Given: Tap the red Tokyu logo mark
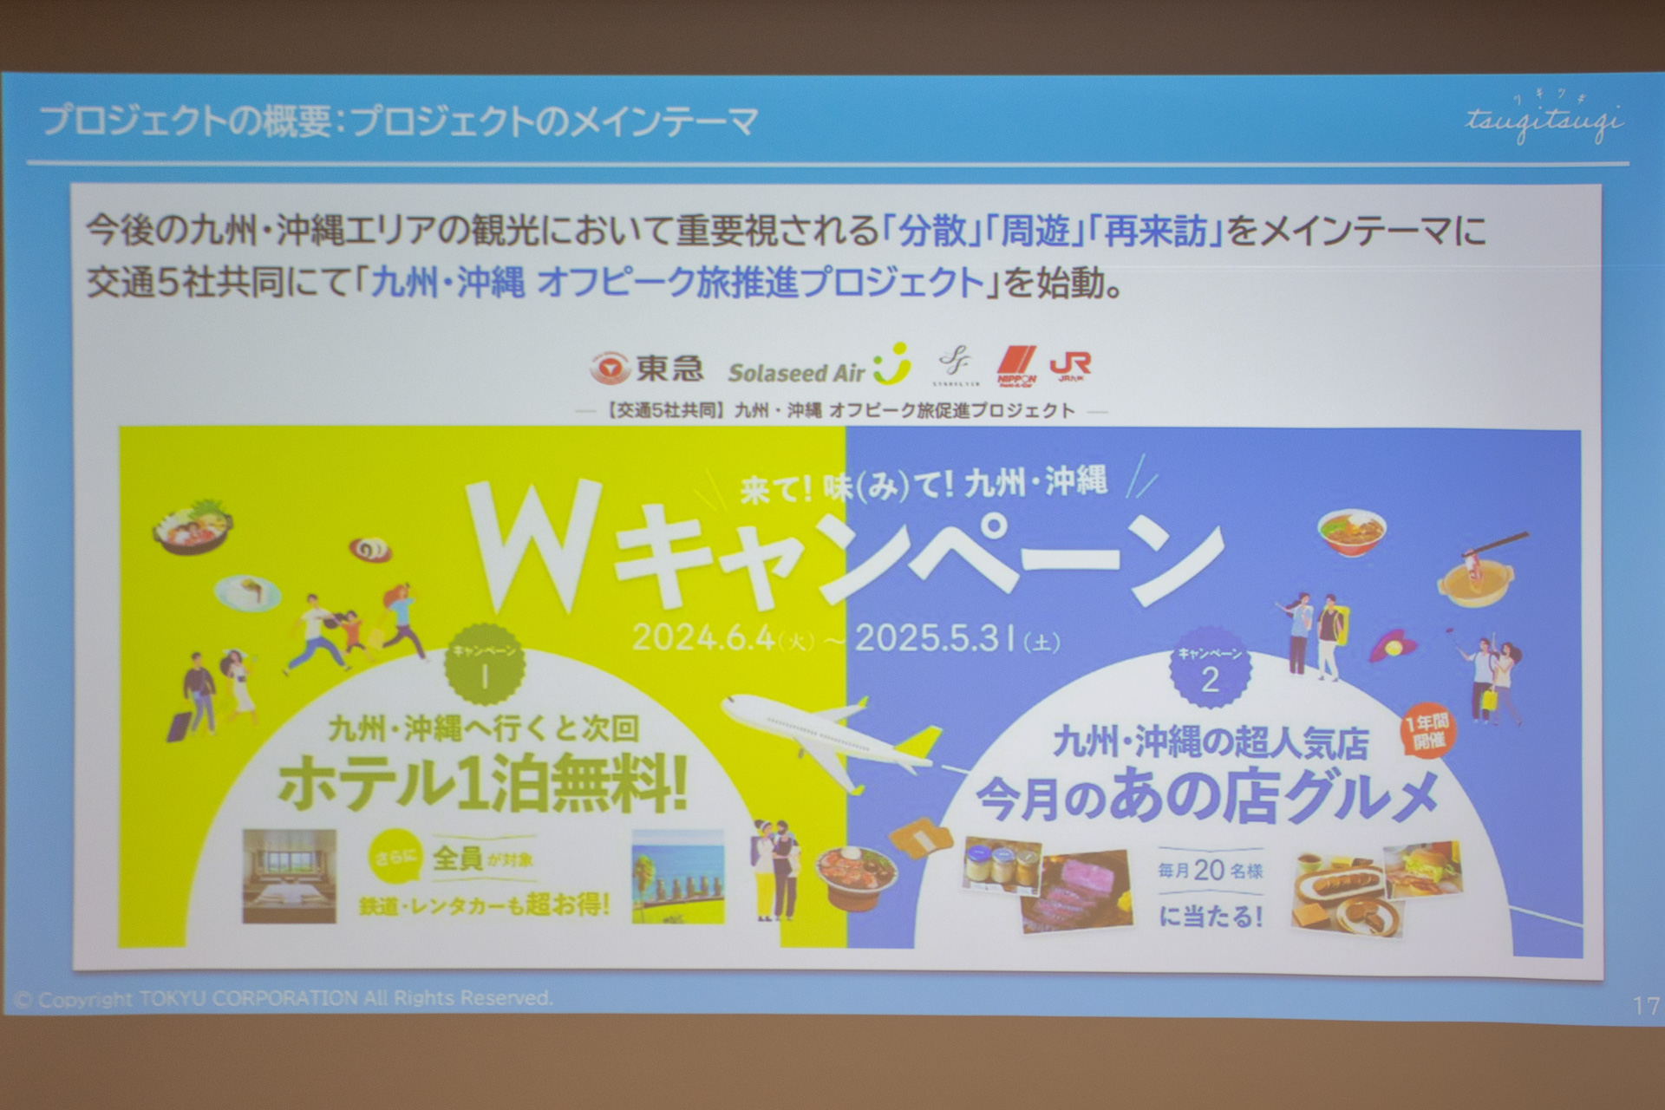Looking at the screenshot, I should click(x=610, y=369).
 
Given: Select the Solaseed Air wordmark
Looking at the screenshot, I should click(x=796, y=373).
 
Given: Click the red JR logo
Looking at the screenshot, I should click(x=1070, y=366).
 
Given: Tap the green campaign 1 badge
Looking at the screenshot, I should click(x=484, y=666).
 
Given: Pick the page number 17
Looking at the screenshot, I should click(x=1645, y=1005).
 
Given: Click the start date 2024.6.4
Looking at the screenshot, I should click(x=703, y=638).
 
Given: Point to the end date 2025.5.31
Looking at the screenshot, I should click(x=937, y=638).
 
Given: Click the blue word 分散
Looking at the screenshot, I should click(x=932, y=231).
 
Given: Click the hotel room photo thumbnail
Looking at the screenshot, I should click(x=289, y=876).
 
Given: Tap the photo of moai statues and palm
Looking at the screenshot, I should click(x=677, y=876).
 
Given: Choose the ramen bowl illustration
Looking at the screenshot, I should click(x=1351, y=531).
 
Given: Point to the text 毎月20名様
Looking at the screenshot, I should click(x=1210, y=870).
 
